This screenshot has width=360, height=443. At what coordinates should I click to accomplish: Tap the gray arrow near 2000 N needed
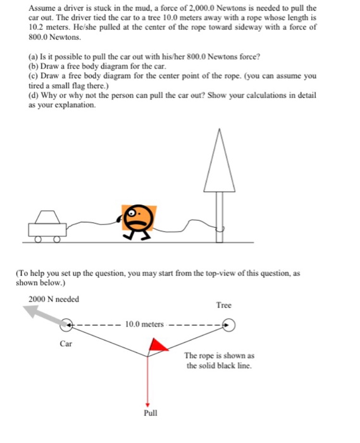[43, 314]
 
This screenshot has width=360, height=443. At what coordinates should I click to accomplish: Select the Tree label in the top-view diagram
[223, 305]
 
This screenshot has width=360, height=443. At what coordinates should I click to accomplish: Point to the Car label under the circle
[65, 344]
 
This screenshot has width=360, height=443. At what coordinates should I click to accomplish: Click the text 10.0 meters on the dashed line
[145, 325]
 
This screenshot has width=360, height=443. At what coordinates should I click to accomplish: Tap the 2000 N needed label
[54, 299]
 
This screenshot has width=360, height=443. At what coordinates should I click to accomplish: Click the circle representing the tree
[228, 325]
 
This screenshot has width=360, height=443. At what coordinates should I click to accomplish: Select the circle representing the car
[67, 325]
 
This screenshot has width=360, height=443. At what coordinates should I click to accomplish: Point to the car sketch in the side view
[46, 227]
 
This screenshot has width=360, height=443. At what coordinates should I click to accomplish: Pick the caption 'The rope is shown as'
[220, 356]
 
